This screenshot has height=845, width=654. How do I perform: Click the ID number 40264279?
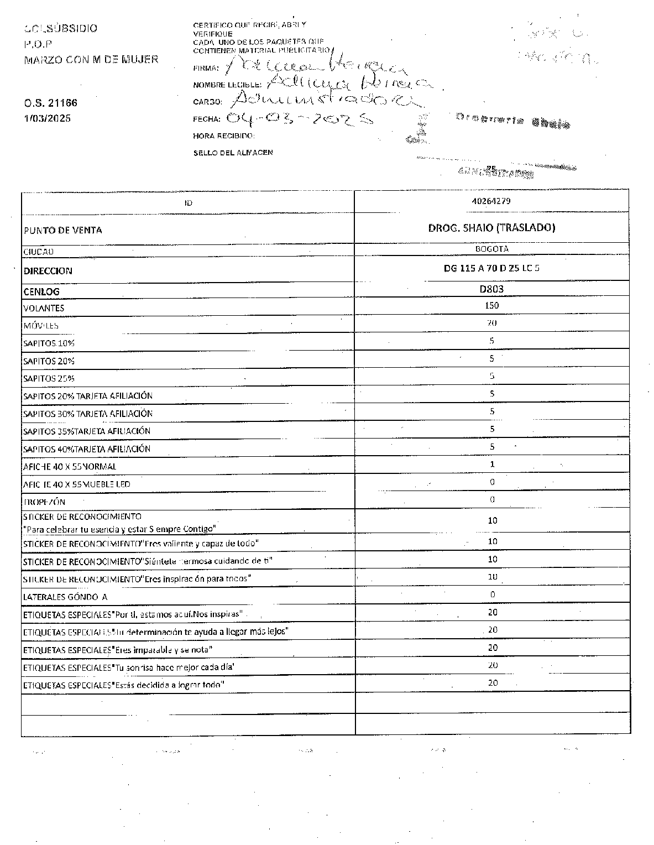[491, 201]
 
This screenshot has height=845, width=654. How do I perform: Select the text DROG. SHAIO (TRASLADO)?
[491, 228]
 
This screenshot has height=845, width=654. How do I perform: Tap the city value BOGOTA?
[491, 249]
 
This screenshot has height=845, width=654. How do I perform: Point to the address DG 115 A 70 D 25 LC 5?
[491, 268]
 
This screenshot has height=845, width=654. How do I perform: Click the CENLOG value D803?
[491, 289]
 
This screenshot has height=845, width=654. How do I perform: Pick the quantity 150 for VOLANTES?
[491, 305]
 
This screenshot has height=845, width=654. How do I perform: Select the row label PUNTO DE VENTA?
[63, 231]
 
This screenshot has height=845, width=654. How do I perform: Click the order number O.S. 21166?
[50, 103]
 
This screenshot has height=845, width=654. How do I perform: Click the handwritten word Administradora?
[327, 100]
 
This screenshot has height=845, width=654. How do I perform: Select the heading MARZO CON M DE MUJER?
[91, 59]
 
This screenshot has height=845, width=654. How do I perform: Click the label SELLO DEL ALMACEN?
[233, 153]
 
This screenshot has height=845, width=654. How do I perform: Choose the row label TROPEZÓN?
[44, 502]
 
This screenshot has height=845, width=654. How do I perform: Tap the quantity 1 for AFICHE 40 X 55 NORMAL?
[492, 465]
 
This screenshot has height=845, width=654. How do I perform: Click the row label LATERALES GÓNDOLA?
[65, 597]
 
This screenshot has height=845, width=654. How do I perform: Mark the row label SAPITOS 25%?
[49, 379]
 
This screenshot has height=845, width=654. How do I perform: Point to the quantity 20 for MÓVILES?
[492, 323]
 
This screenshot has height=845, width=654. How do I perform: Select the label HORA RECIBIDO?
[224, 135]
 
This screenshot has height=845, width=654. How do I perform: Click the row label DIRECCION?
[48, 271]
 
